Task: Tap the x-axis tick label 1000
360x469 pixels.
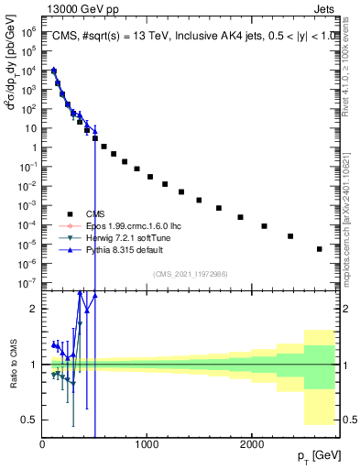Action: [x=146, y=443]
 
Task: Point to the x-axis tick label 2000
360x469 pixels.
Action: [x=251, y=443]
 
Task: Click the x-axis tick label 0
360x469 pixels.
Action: [x=42, y=443]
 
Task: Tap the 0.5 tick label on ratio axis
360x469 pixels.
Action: [x=29, y=420]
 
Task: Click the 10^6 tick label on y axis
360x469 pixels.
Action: [x=27, y=30]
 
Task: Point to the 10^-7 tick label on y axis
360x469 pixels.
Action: [x=27, y=283]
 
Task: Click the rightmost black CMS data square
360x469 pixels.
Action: [x=320, y=248]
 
